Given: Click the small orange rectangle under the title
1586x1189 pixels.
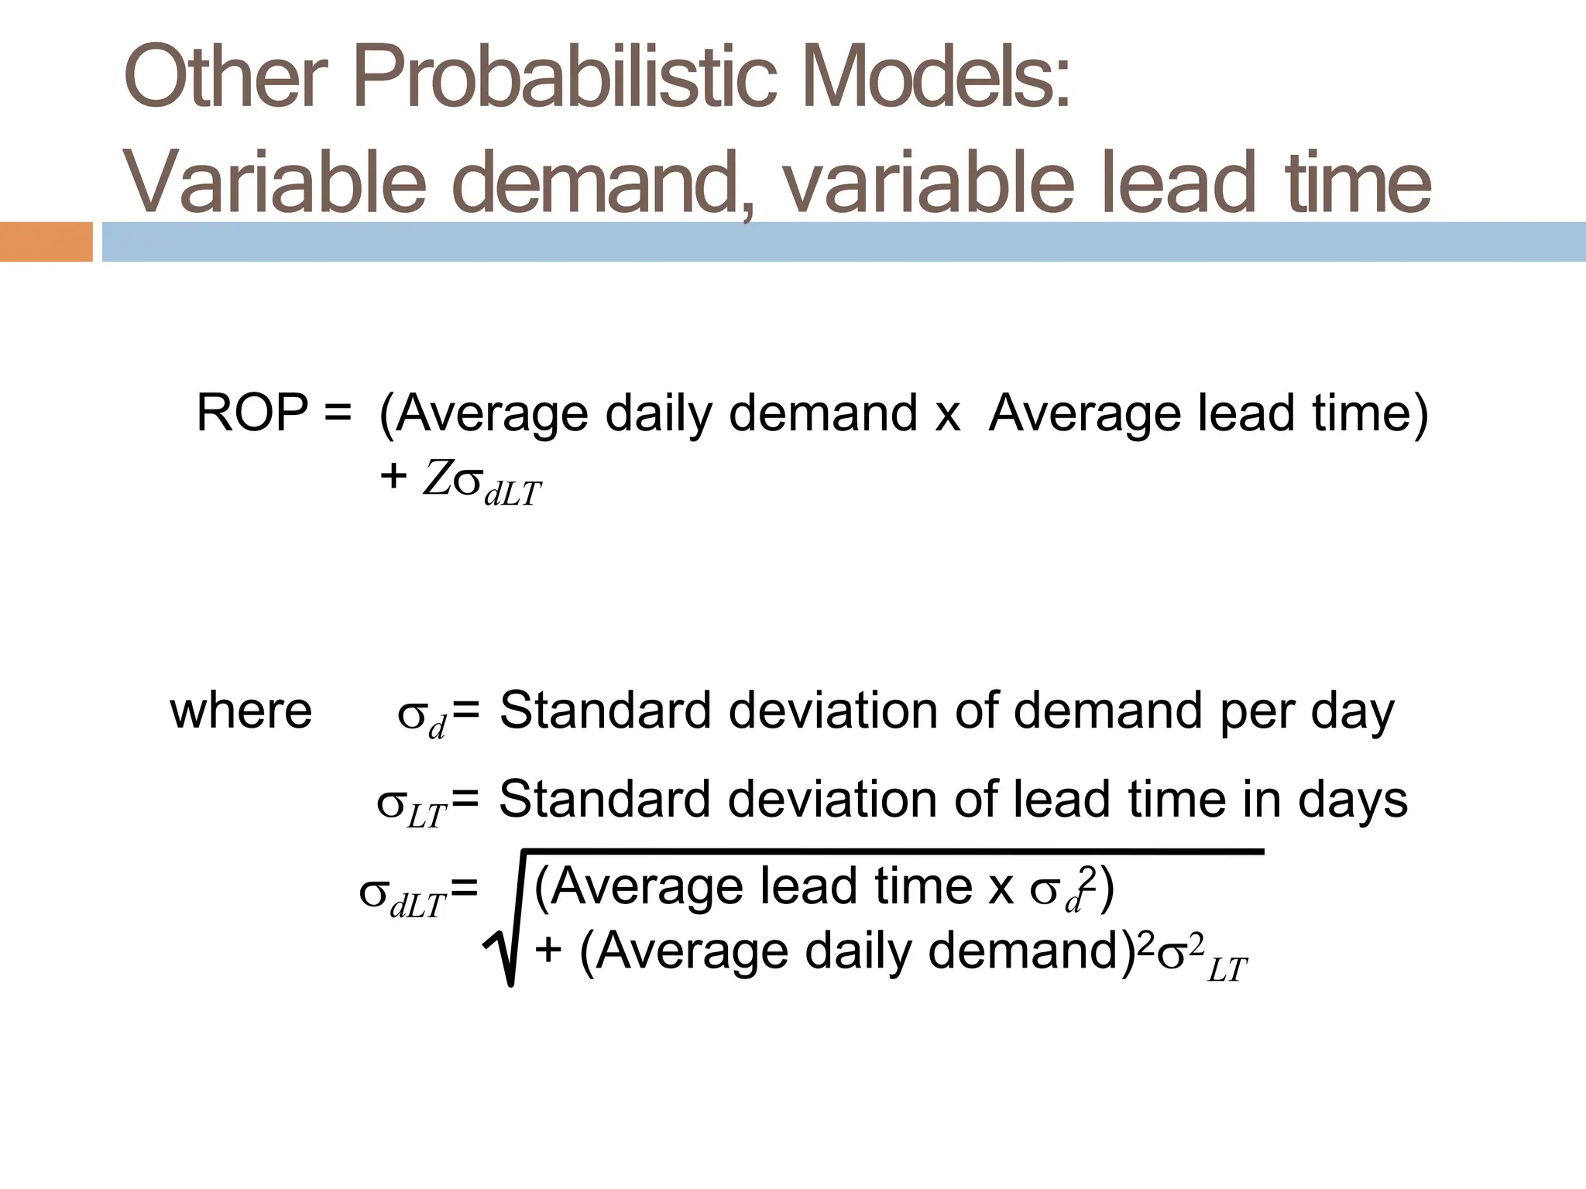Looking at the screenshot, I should point(46,242).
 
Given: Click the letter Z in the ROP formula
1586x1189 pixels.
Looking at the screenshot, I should point(436,479).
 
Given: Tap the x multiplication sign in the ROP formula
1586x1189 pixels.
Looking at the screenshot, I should point(947,415).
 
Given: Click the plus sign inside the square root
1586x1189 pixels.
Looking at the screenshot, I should point(548,951).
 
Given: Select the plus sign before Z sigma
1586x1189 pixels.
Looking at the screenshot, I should point(393,476).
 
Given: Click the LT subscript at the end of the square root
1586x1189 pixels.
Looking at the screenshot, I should point(1227,970).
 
